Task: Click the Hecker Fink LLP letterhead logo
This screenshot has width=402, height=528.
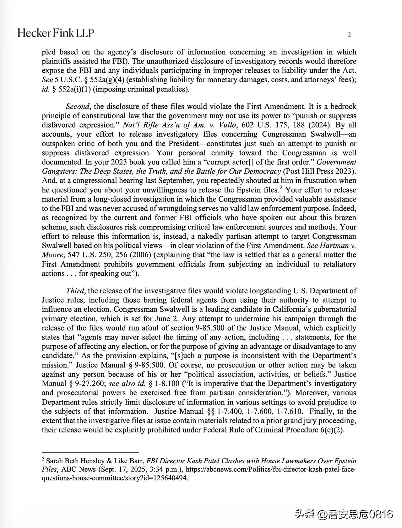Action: [x=56, y=33]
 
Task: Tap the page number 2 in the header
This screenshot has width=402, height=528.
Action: [x=349, y=35]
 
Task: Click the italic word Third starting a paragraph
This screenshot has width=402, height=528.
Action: [x=75, y=291]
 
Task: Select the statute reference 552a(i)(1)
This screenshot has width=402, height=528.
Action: [x=74, y=89]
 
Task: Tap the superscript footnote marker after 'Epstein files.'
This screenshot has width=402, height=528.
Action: [x=281, y=188]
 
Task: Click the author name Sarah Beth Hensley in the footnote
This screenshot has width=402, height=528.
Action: [x=75, y=461]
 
